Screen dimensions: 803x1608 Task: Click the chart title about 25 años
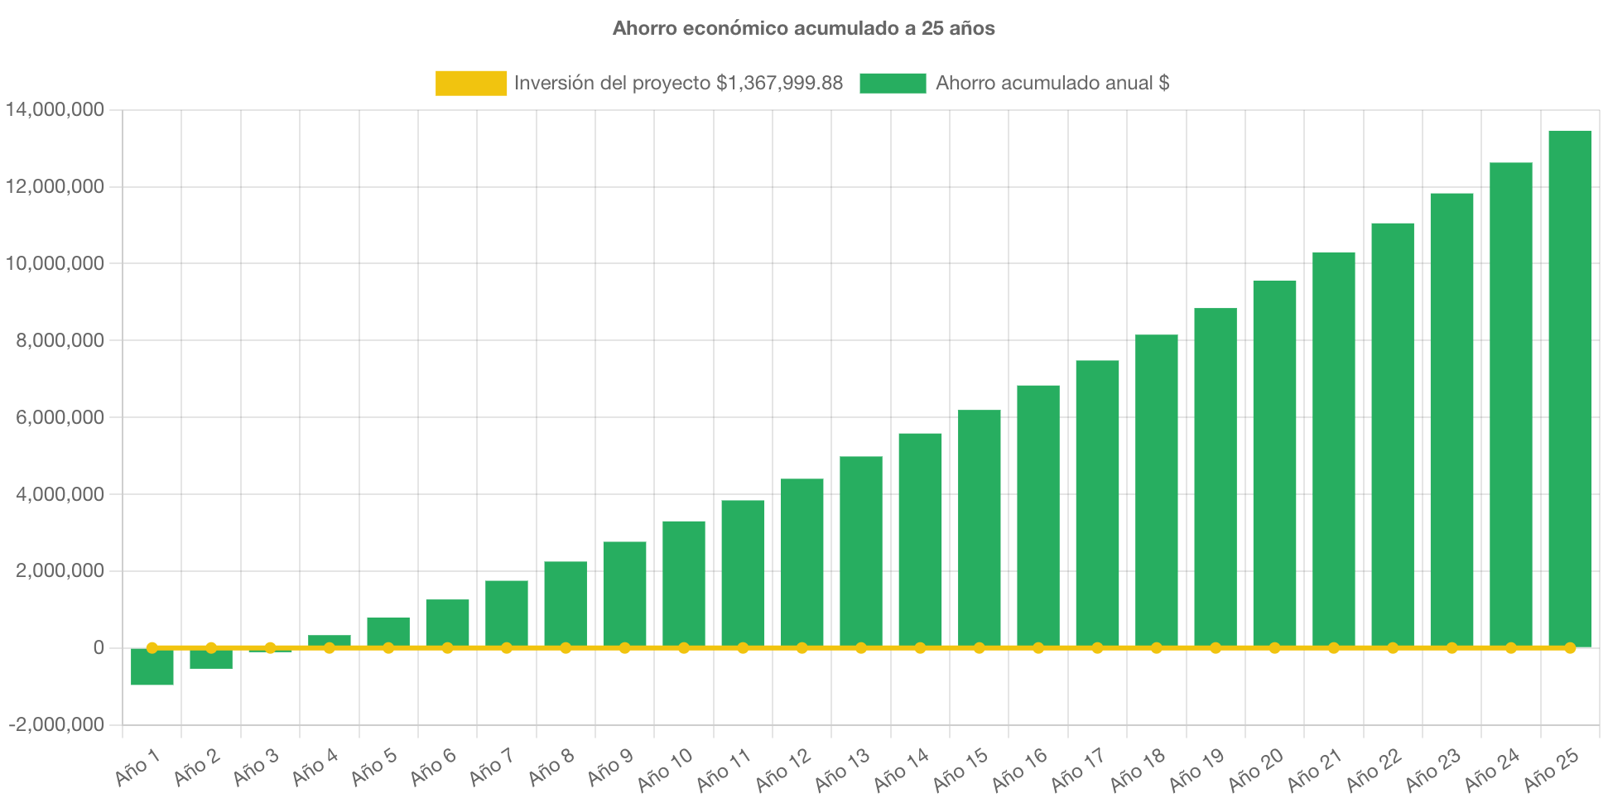click(803, 28)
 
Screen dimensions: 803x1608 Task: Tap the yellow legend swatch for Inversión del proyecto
click(471, 83)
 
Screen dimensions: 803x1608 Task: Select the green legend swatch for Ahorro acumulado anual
click(893, 83)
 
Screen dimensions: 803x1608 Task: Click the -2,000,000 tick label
click(56, 724)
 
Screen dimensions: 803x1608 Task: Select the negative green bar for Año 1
click(152, 667)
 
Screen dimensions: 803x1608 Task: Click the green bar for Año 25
click(1570, 389)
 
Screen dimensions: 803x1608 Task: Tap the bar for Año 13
click(861, 551)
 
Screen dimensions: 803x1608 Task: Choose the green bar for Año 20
click(1274, 464)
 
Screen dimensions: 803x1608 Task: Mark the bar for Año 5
click(388, 632)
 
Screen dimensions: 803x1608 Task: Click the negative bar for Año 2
click(211, 659)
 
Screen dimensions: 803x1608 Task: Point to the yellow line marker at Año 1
click(152, 647)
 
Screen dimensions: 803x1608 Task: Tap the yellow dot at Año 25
click(1570, 647)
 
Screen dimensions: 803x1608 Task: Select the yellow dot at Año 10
click(684, 647)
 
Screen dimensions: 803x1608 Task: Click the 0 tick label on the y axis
click(99, 647)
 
